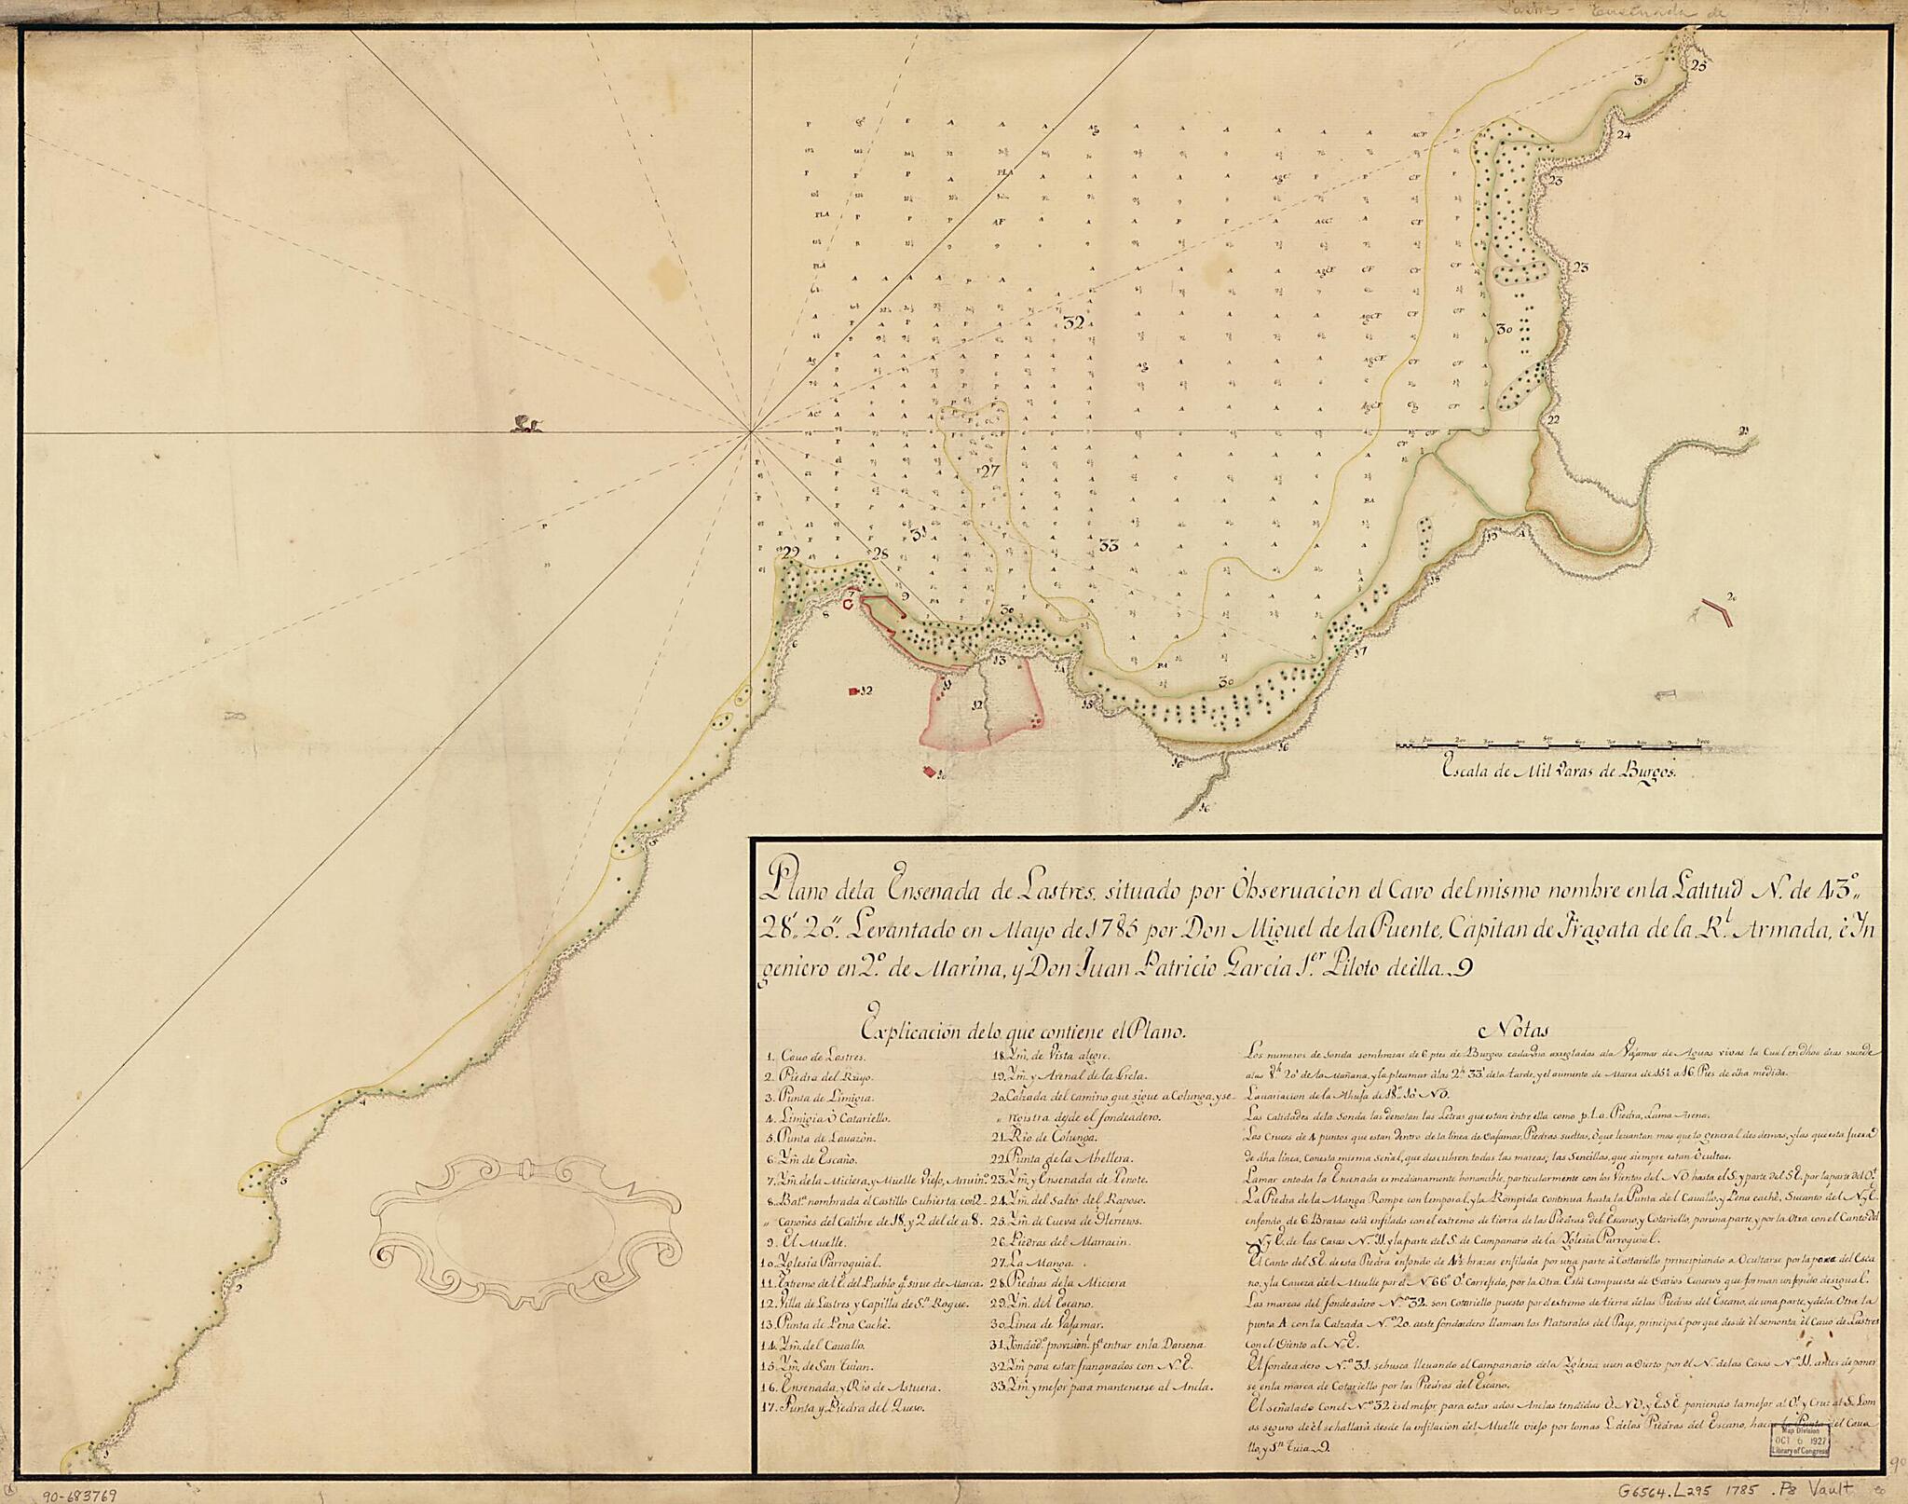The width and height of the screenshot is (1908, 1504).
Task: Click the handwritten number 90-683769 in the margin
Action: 81,1493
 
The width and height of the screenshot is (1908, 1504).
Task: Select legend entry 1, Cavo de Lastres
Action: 164,1057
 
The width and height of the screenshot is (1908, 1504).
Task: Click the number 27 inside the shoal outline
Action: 988,471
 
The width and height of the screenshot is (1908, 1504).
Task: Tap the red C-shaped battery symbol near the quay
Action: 847,605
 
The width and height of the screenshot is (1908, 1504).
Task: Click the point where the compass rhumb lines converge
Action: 750,431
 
